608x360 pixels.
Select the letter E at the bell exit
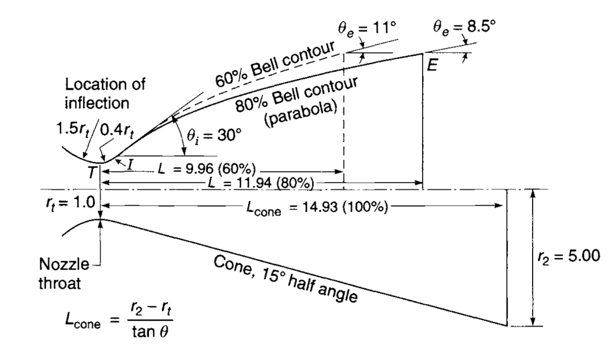point(432,65)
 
